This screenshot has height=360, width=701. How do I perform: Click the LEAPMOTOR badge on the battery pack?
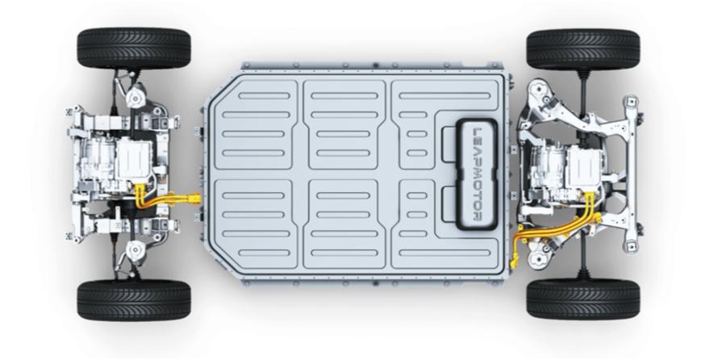point(477,174)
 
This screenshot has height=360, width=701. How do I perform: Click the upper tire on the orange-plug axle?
point(134,48)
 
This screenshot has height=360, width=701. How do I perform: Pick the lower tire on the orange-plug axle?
point(134,300)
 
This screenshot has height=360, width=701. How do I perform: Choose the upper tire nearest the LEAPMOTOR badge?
point(583,48)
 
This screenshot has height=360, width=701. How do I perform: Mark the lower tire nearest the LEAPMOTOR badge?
point(583,299)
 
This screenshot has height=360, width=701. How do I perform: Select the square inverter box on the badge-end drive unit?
point(585,167)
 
